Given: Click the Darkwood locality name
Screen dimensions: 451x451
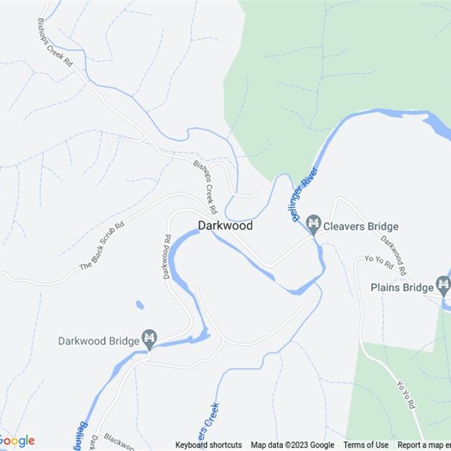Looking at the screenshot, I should coord(225,225).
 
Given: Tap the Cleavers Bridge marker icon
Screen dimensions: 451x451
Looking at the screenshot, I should coord(314,226).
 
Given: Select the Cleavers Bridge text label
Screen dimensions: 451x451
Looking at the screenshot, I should coord(360,227).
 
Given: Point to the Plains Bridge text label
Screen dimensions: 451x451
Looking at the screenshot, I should coord(402,288).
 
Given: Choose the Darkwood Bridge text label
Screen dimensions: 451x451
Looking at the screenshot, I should coord(99,341).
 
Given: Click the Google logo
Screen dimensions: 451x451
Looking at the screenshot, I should coord(17,440).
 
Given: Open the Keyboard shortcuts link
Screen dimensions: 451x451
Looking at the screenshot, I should coord(209,445).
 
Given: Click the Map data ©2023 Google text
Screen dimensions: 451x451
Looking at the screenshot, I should coord(292,445).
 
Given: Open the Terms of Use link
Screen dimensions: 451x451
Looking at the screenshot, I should coord(366,445).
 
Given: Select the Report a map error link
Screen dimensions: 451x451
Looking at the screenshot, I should coord(423,445).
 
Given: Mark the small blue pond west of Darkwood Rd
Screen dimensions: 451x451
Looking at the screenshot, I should coord(140,305).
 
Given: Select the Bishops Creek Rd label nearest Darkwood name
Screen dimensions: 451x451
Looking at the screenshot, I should coord(205,186).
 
